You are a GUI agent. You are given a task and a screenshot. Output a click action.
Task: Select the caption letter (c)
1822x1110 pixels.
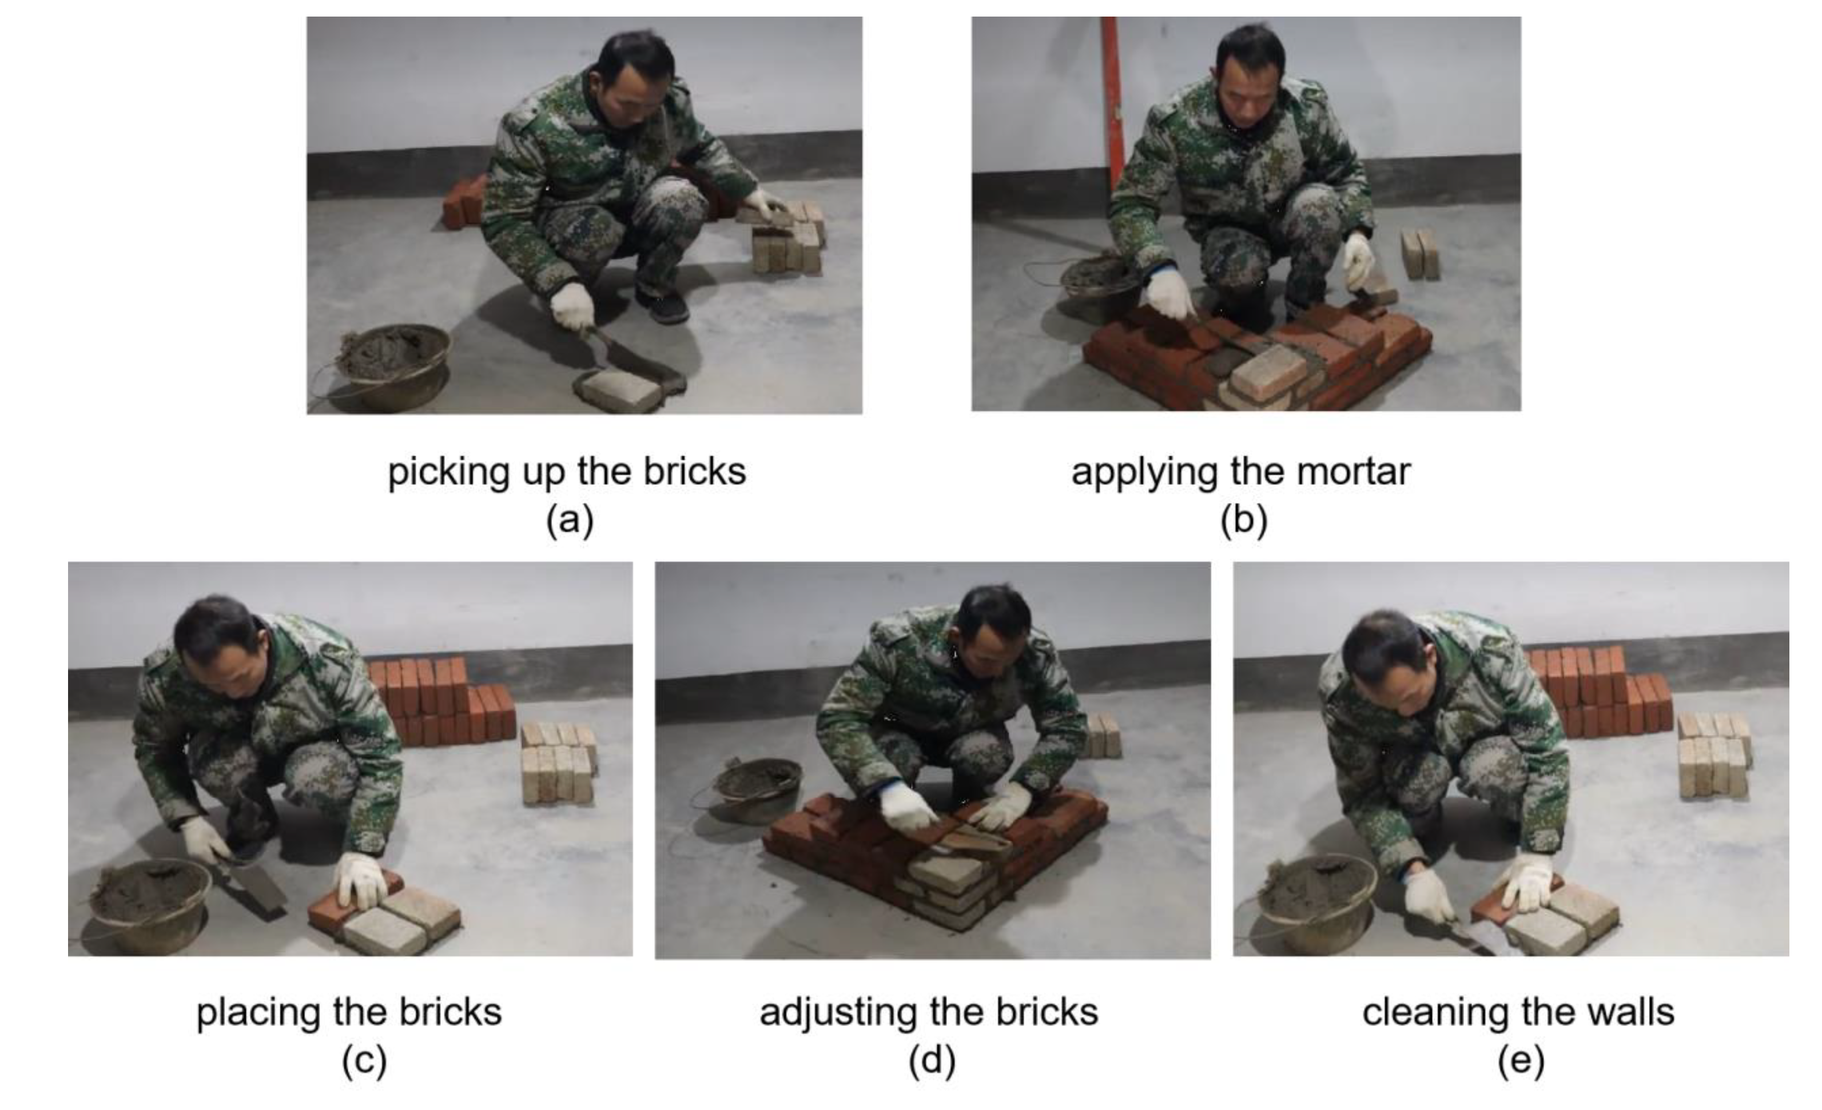364,1060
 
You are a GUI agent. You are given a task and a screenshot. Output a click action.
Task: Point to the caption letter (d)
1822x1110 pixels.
932,1060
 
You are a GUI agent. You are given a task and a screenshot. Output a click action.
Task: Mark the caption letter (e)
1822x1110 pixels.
1521,1060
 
